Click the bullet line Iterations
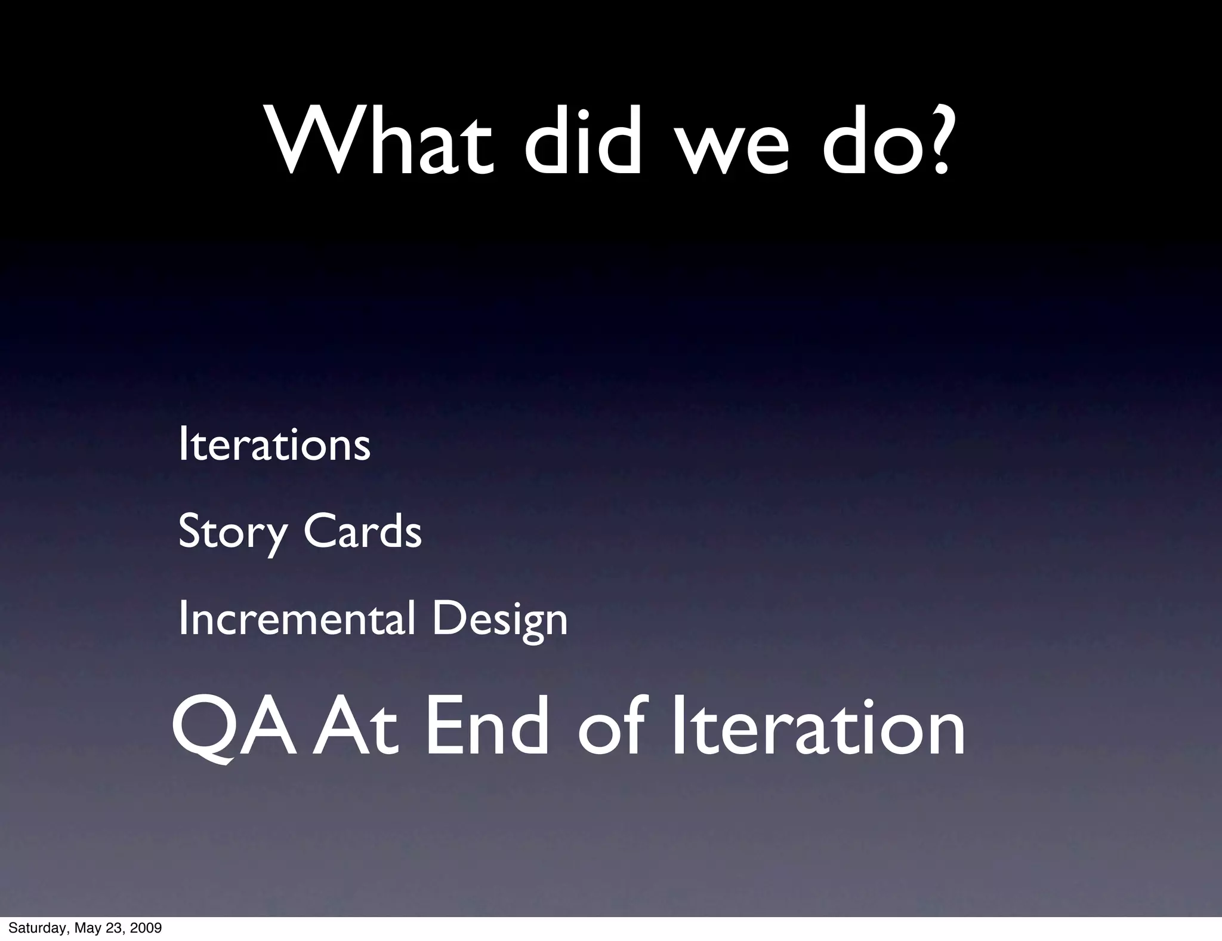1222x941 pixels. pyautogui.click(x=274, y=445)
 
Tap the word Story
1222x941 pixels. pyautogui.click(x=233, y=531)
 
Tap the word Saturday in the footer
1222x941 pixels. pyautogui.click(x=36, y=928)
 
